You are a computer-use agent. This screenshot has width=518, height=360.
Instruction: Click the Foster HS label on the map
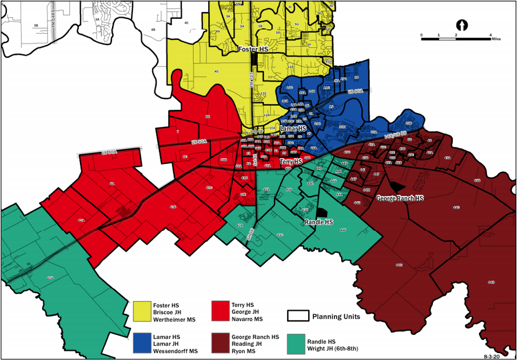point(253,50)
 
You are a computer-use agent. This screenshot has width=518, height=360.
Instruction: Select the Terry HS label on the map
point(292,163)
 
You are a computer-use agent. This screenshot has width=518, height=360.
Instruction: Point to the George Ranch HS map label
point(400,198)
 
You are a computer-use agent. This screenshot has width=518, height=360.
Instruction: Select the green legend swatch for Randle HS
point(297,343)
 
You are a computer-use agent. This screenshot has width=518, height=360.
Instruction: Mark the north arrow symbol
point(463,25)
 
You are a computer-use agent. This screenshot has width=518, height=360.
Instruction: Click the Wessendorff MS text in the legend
point(174,350)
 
